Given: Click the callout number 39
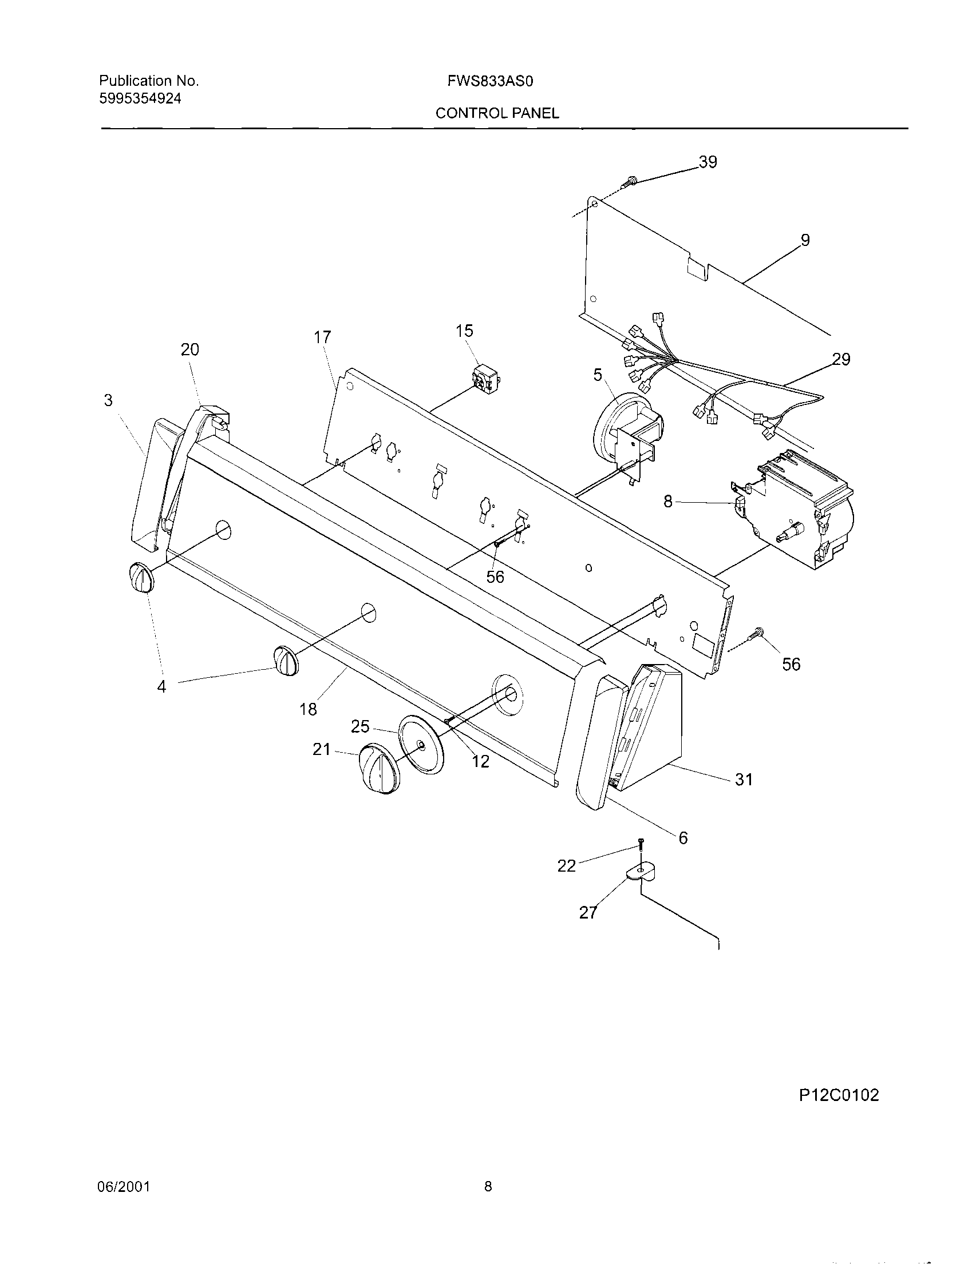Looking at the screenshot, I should point(708,162).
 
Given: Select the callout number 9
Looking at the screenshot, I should point(805,240).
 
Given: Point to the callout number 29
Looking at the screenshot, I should point(841,359).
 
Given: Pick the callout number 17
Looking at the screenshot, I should point(322,337).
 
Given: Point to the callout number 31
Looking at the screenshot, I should point(744,780).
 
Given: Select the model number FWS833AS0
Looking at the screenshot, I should point(489,82).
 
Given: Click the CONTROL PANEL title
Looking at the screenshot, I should point(497,113).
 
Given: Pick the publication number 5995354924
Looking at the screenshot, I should point(140,99).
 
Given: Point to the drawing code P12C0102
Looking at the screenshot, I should point(839,1096).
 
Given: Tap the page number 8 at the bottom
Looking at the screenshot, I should point(488,1187).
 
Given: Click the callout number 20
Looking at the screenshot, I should point(189,349).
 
